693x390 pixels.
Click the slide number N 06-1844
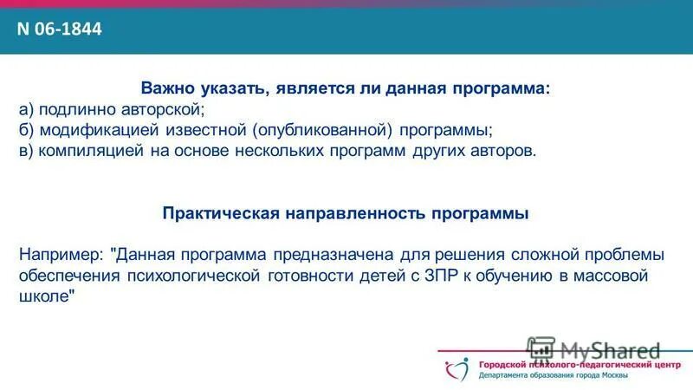(x=60, y=29)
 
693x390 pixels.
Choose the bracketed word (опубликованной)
(x=326, y=129)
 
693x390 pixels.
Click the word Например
(x=59, y=255)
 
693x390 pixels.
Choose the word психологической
(x=194, y=276)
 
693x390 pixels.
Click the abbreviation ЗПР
(x=424, y=276)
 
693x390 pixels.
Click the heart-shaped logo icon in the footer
(x=456, y=367)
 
